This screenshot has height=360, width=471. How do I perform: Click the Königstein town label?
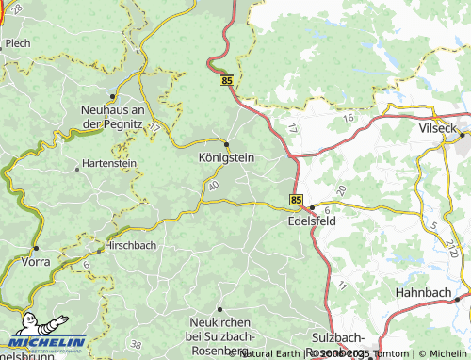[226, 158]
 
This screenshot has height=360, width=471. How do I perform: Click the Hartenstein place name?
[110, 163]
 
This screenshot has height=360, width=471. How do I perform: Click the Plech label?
[17, 43]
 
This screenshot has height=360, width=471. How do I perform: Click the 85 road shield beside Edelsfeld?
[297, 201]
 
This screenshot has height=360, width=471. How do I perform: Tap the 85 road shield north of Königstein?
[227, 82]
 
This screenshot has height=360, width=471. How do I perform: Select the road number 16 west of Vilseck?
[348, 118]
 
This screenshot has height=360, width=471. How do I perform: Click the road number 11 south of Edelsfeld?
[342, 285]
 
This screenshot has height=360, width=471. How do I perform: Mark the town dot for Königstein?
[226, 144]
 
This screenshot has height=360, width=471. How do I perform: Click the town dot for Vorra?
[36, 248]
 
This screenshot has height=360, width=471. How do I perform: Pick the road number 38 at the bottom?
[137, 344]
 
